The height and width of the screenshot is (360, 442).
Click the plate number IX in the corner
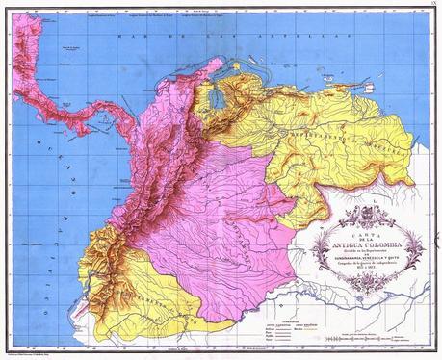click(x=433, y=6)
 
